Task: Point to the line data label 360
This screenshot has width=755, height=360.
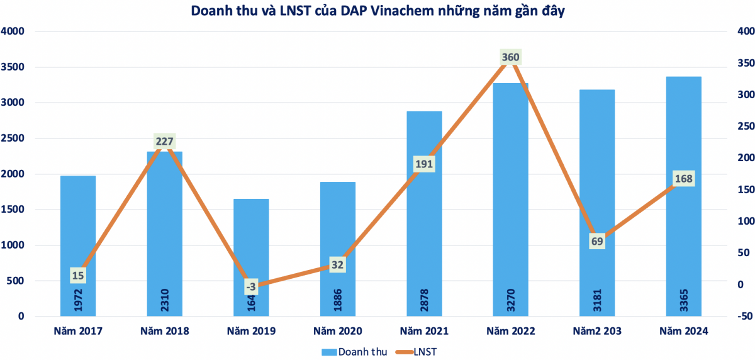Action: pos(510,57)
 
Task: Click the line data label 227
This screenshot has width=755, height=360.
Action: pos(164,141)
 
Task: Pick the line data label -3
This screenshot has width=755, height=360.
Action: pos(251,287)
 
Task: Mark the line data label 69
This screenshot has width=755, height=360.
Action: pos(597,241)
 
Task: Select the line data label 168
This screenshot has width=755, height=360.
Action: pos(683,179)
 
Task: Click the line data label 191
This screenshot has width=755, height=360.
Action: pos(424,164)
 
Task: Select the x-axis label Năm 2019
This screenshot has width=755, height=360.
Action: pos(251,330)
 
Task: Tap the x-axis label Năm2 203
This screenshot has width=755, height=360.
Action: pos(597,330)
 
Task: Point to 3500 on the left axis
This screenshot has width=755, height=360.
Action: pos(13,67)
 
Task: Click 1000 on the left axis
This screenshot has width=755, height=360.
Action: pos(13,245)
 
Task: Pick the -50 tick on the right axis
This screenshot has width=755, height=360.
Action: pos(744,316)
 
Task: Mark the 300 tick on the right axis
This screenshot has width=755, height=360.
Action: pos(745,95)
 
